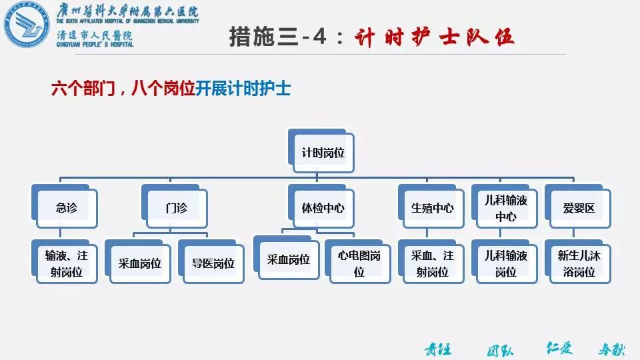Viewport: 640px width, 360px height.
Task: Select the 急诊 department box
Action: [67, 208]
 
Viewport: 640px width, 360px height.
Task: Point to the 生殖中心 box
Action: [432, 208]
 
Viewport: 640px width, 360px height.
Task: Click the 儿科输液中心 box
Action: [506, 208]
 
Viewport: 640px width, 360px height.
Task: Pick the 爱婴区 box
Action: [578, 208]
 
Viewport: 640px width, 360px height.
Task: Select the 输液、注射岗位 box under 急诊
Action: [67, 263]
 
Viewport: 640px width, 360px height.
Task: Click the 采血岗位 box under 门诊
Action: [136, 263]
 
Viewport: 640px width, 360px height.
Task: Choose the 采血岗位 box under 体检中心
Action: [289, 259]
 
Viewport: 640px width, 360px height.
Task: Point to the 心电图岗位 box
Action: [359, 263]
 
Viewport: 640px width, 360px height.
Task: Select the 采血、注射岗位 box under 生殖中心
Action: [432, 263]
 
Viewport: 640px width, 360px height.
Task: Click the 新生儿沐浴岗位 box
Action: [578, 263]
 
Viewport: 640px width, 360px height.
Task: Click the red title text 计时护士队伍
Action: [434, 37]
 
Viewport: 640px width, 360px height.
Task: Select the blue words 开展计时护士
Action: [243, 89]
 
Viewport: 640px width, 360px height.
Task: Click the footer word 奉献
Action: [611, 349]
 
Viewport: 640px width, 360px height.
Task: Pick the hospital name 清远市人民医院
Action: [96, 35]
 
